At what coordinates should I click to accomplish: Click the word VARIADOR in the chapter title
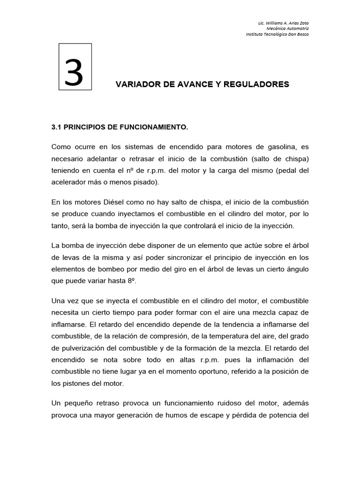[x=135, y=84]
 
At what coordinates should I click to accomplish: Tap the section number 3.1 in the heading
[x=56, y=127]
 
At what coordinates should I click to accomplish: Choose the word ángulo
[x=296, y=269]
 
